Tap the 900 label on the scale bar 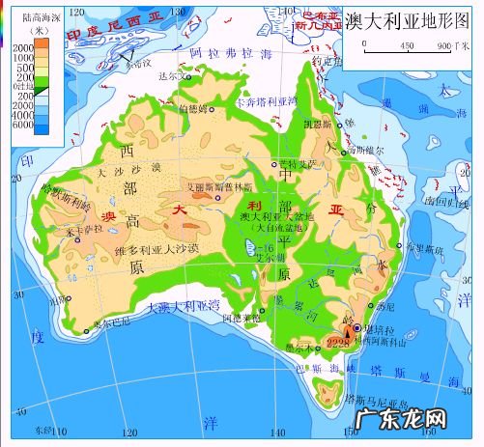pyautogui.click(x=442, y=45)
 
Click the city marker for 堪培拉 pyautogui.click(x=357, y=329)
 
